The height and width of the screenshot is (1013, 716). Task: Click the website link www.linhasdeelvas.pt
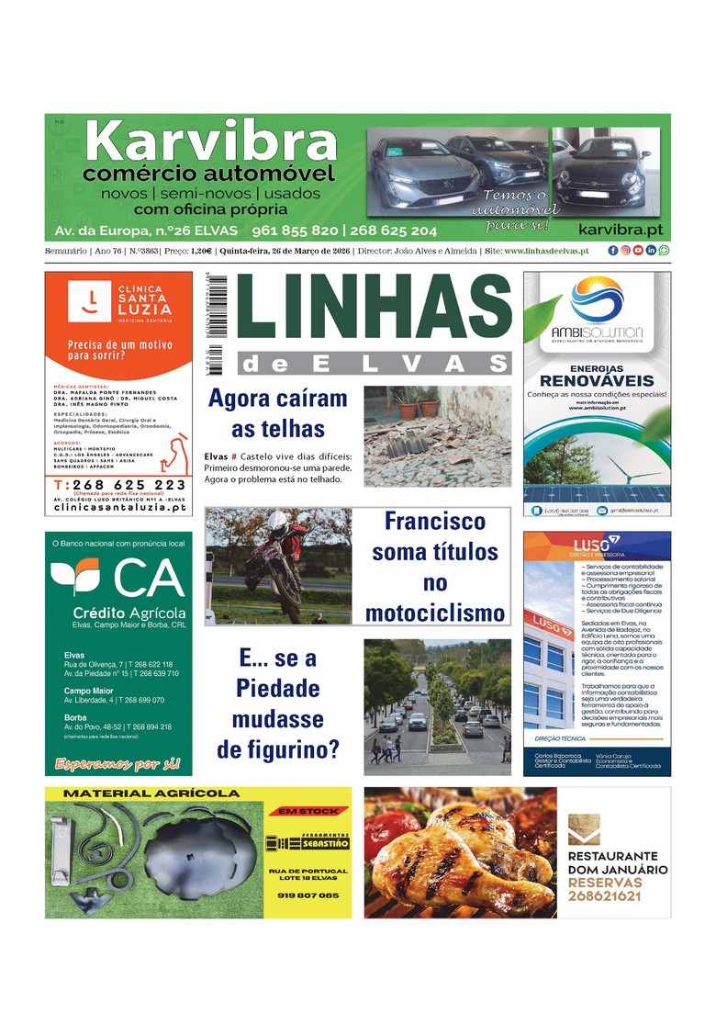click(546, 251)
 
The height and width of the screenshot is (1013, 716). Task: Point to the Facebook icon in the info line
click(612, 251)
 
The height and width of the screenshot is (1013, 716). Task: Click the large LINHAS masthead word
click(374, 310)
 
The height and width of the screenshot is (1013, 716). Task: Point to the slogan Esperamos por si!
click(117, 763)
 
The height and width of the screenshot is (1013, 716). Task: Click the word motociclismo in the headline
click(434, 613)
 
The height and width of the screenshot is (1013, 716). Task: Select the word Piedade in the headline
click(277, 688)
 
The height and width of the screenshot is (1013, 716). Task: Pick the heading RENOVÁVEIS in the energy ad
click(597, 380)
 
